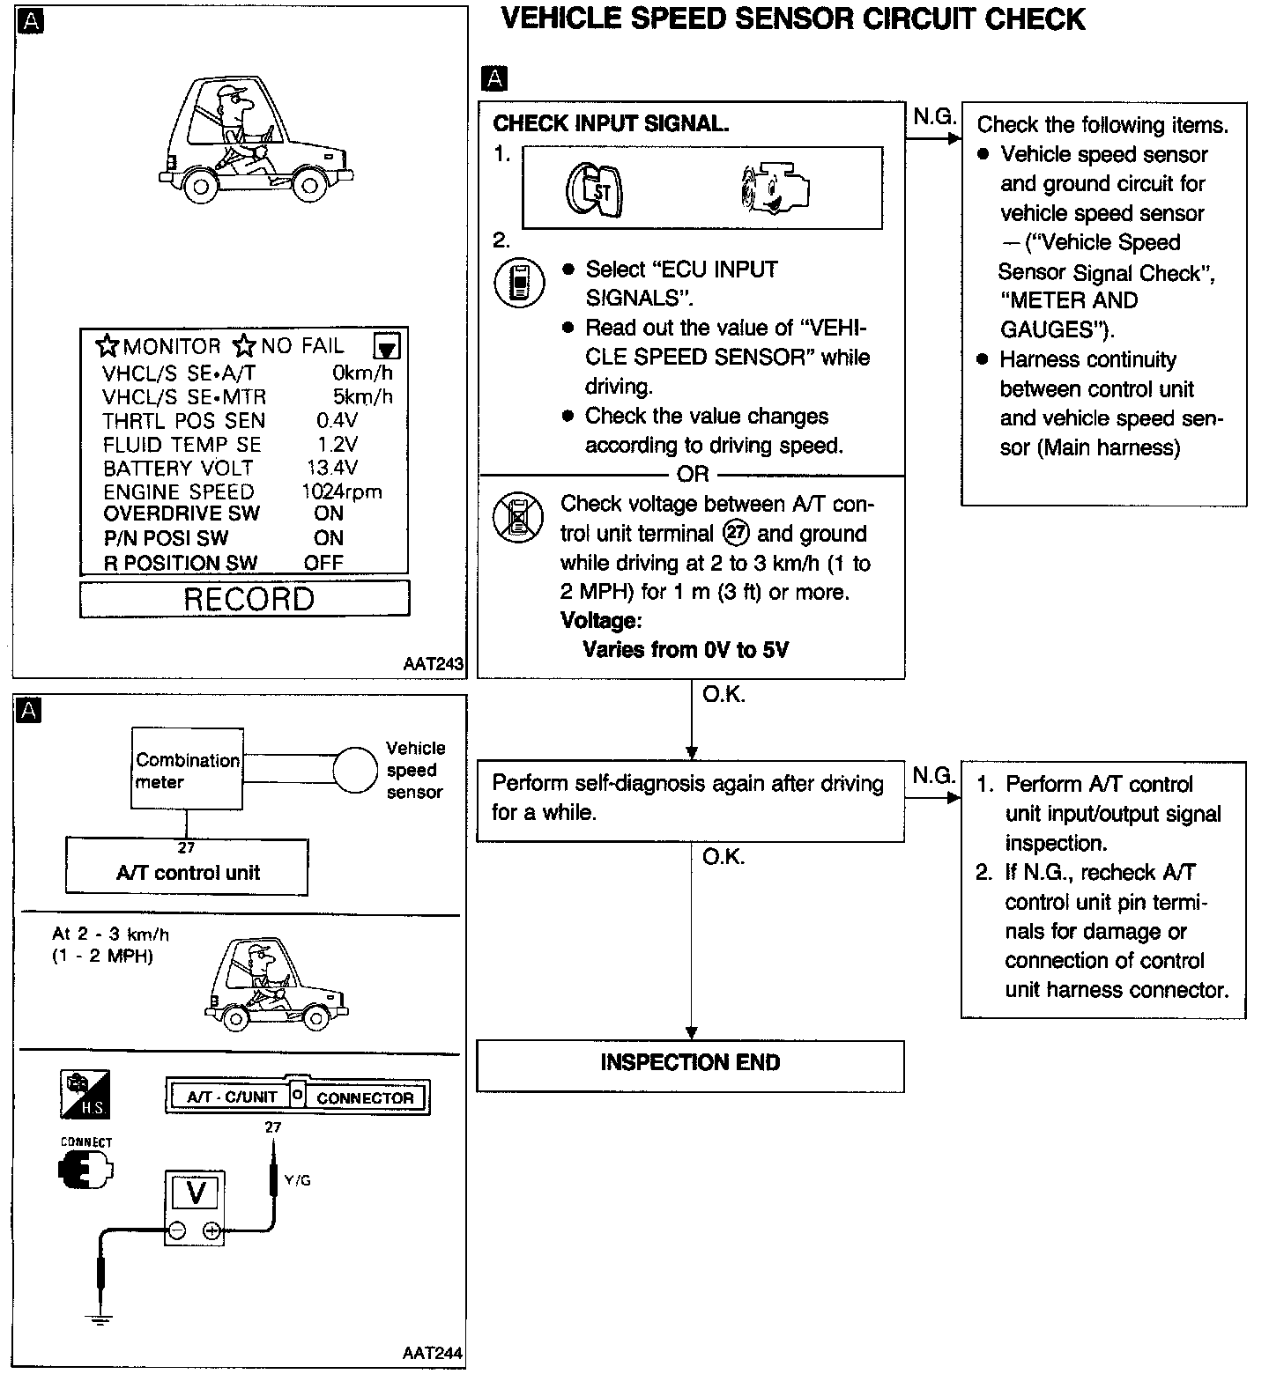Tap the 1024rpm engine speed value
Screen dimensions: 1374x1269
(x=341, y=491)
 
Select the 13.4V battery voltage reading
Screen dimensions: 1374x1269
(x=331, y=468)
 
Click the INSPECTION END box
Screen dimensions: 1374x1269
(x=690, y=1064)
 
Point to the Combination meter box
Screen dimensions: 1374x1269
(x=187, y=769)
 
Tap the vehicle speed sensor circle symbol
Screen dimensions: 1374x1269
(x=355, y=771)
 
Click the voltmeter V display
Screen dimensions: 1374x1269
(x=196, y=1193)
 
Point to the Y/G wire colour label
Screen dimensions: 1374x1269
(x=297, y=1180)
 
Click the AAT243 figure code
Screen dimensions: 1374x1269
(x=433, y=665)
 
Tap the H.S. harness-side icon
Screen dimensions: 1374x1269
(x=85, y=1095)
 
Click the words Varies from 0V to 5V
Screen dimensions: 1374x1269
(x=685, y=650)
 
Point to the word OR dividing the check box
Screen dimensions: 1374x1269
(x=693, y=475)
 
